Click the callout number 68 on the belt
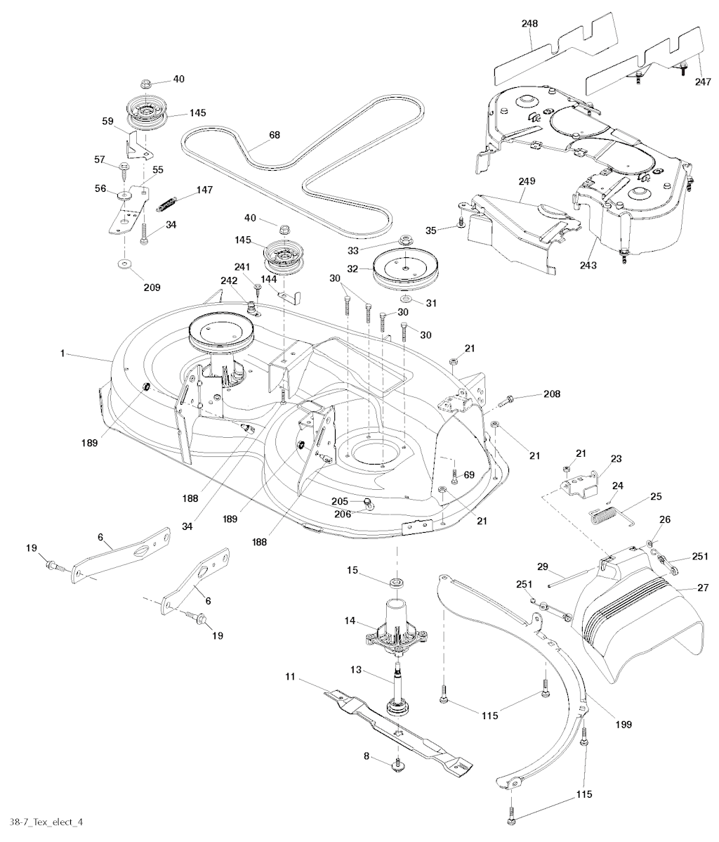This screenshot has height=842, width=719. [x=274, y=135]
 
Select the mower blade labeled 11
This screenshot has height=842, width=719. [x=399, y=727]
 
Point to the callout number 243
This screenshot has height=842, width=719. [x=588, y=265]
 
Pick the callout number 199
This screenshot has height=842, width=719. [x=623, y=725]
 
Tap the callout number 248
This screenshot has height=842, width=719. [x=529, y=24]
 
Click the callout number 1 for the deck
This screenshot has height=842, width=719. [x=62, y=353]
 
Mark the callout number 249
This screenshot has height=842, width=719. [x=527, y=181]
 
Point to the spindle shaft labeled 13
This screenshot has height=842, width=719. [x=397, y=687]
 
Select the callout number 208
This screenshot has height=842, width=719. [x=552, y=394]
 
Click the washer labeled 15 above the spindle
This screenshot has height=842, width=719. [x=397, y=583]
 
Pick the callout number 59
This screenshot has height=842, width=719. [x=108, y=122]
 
